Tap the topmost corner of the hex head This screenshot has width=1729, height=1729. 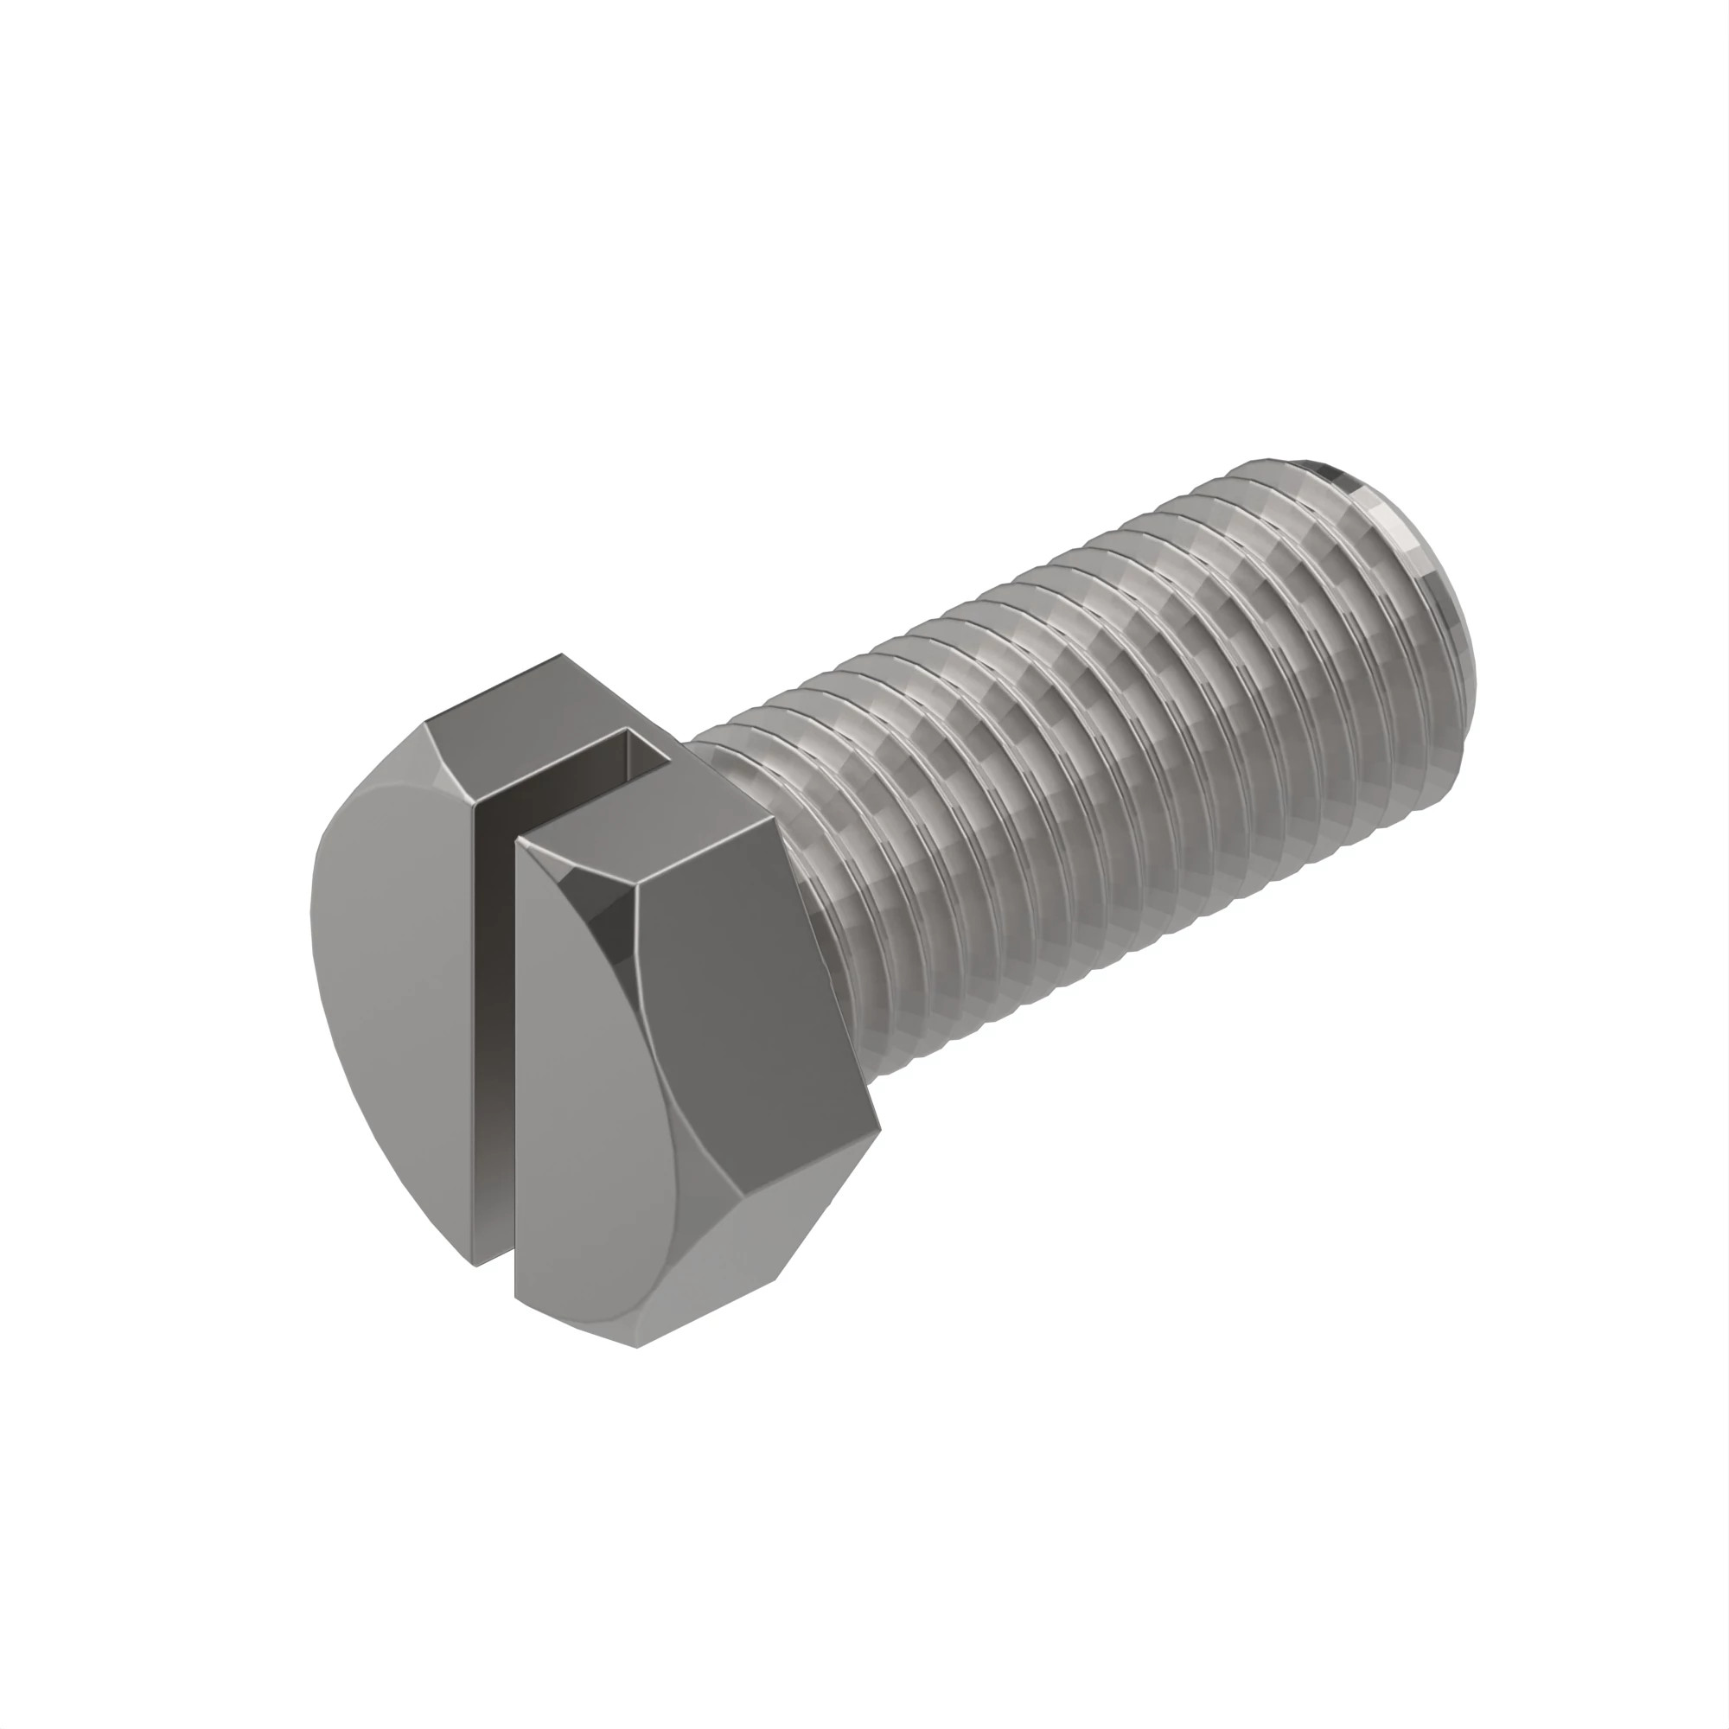[x=562, y=654]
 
